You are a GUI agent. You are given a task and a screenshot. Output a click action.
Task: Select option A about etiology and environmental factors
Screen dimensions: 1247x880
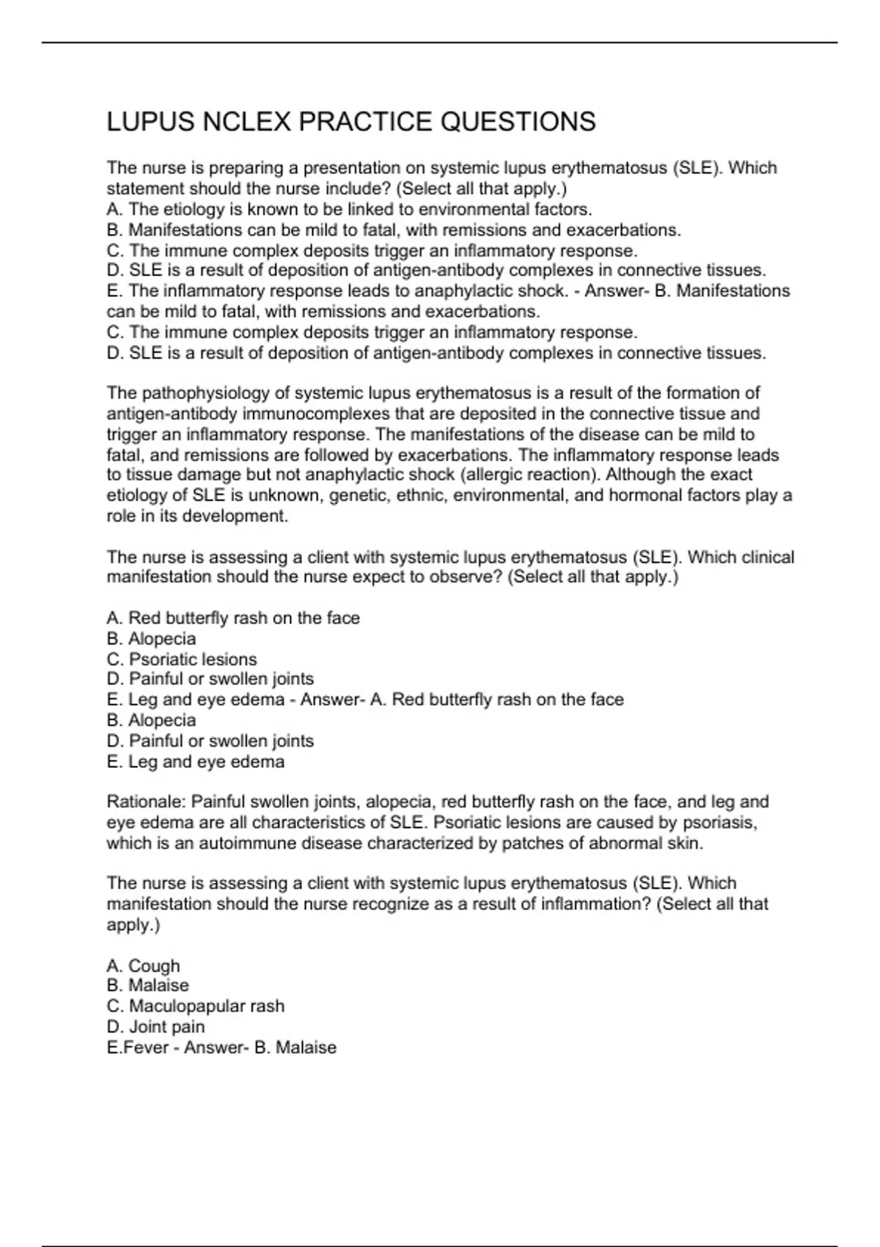click(x=349, y=210)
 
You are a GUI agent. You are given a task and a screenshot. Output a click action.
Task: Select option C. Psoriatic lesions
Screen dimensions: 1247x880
click(x=182, y=659)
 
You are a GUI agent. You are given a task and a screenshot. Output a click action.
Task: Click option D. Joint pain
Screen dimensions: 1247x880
click(x=155, y=1027)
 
